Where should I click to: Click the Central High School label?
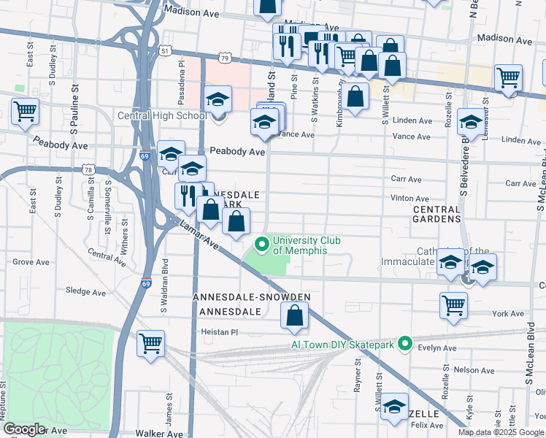coord(163,115)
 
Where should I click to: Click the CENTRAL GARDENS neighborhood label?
coord(437,213)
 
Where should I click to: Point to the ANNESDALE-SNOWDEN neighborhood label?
coord(252,297)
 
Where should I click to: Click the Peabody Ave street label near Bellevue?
coord(237,151)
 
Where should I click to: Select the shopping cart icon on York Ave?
coord(453,304)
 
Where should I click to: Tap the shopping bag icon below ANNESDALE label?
coord(294,315)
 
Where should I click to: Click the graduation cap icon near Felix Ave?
coord(395,407)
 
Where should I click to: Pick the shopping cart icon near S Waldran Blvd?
coord(150,342)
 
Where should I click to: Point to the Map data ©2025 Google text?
coord(501,432)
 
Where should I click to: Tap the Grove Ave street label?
coord(29,261)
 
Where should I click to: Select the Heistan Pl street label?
coord(220,331)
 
